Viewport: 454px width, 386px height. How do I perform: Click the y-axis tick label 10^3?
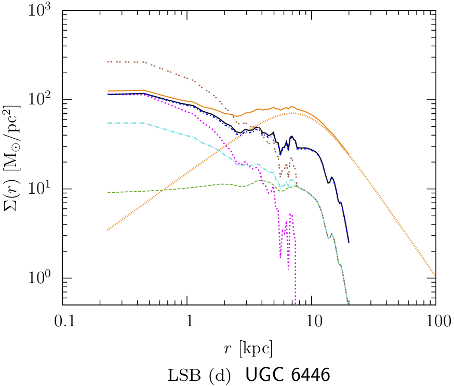coord(46,10)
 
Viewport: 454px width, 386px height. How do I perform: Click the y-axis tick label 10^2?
coord(46,99)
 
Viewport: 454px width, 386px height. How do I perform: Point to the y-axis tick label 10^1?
coord(46,189)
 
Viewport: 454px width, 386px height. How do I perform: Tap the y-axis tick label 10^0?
coord(46,278)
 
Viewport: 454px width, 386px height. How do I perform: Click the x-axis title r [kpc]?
coord(249,347)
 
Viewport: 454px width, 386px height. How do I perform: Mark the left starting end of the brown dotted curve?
coord(108,62)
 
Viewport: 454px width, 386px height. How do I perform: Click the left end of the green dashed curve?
coord(108,193)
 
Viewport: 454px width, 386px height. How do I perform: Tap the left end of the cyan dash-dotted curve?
coord(108,123)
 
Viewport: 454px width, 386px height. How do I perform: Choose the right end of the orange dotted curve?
coord(435,276)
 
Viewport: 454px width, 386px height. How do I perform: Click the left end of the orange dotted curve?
coord(108,230)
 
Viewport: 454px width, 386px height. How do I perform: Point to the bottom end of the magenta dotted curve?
coord(295,303)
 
